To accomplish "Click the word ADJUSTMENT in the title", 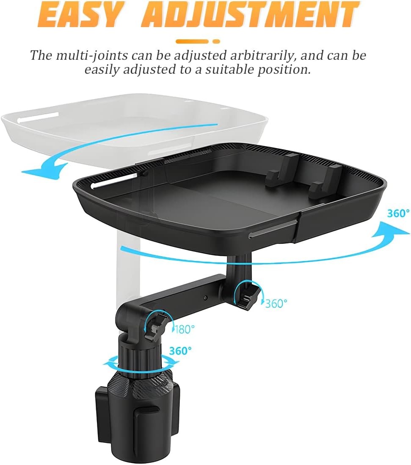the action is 250,14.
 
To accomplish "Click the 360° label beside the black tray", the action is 398,213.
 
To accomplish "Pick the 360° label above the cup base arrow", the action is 180,351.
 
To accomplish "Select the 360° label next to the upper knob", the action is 276,303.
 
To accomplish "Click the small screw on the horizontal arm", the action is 205,297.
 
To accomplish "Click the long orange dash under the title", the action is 192,42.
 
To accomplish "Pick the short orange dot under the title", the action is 216,42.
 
